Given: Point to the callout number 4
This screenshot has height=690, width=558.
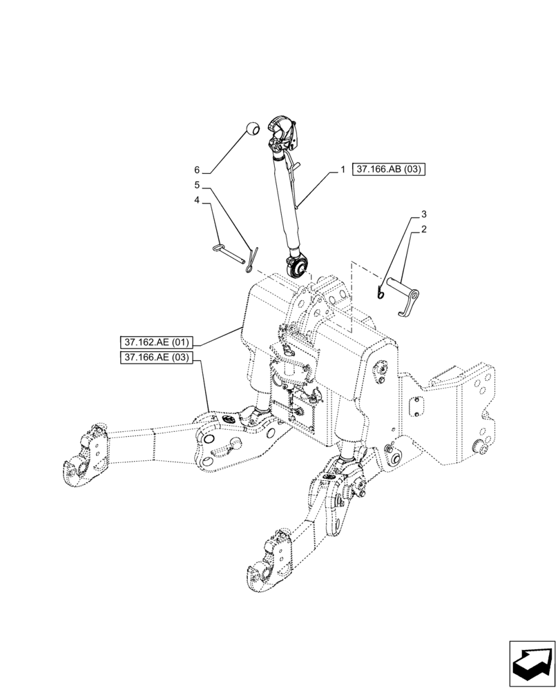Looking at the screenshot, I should coord(197,200).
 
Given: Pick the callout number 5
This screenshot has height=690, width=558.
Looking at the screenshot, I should coord(197,185).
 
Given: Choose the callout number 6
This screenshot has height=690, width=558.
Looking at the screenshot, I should coord(197,170).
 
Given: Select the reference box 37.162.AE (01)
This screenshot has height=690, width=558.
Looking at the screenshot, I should coord(157,342).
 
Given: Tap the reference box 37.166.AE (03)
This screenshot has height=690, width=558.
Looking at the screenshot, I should coord(157,357).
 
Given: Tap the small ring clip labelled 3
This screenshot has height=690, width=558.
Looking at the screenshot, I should coord(380,293).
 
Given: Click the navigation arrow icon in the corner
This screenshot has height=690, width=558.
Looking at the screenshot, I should coord(532,663).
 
